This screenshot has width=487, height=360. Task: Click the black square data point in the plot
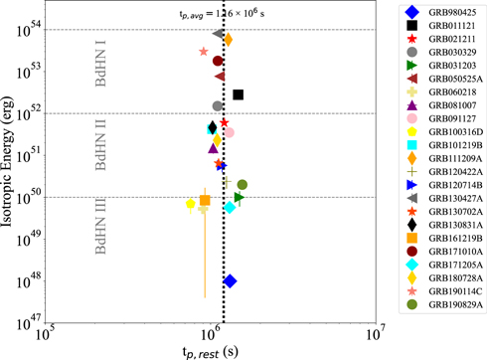point(239,94)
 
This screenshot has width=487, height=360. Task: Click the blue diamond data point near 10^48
point(230,281)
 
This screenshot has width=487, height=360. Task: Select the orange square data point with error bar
point(205,200)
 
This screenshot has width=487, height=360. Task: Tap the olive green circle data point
point(242,184)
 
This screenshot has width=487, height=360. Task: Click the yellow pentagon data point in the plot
point(191,204)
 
